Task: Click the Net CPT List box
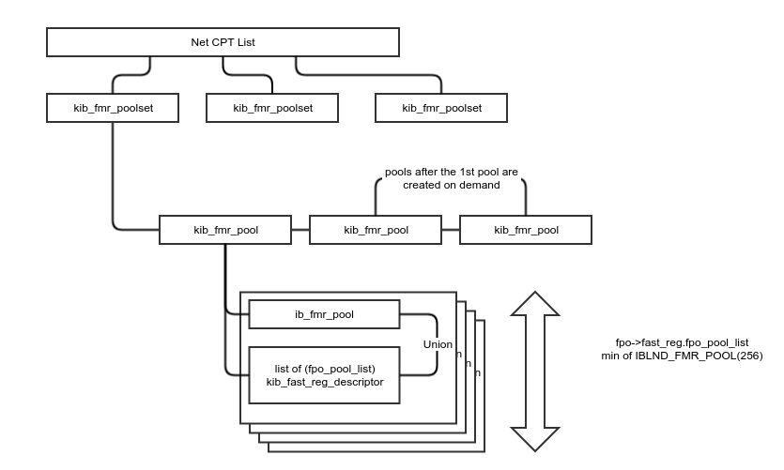pyautogui.click(x=223, y=43)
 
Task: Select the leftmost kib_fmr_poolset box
pyautogui.click(x=113, y=108)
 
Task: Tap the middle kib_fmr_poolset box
pyautogui.click(x=272, y=109)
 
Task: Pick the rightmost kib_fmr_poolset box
pyautogui.click(x=441, y=109)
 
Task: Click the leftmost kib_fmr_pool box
pyautogui.click(x=225, y=230)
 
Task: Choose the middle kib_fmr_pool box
pyautogui.click(x=376, y=230)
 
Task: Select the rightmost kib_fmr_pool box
pyautogui.click(x=526, y=230)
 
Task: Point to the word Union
pyautogui.click(x=438, y=344)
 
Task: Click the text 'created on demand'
pyautogui.click(x=451, y=186)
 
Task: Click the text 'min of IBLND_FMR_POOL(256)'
pyautogui.click(x=683, y=356)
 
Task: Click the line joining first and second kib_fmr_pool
pyautogui.click(x=300, y=230)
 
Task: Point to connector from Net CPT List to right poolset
pyautogui.click(x=376, y=75)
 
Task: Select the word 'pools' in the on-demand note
pyautogui.click(x=400, y=174)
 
